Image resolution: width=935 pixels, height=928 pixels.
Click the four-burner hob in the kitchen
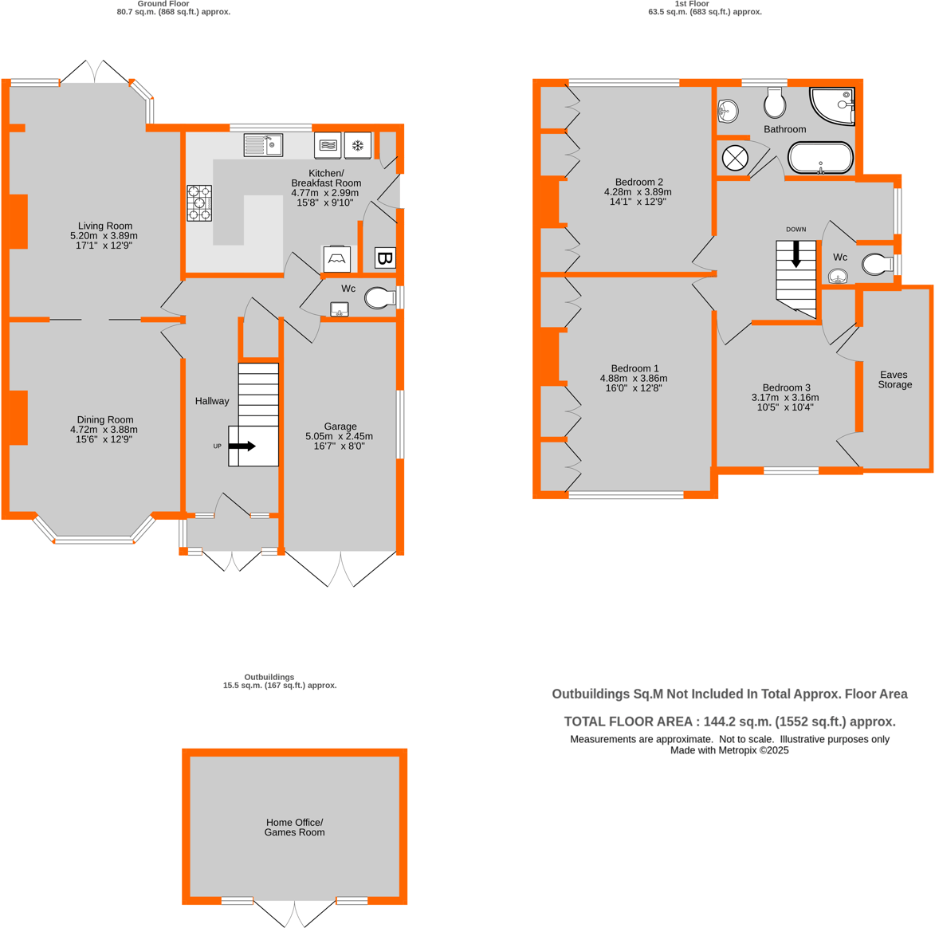(x=199, y=203)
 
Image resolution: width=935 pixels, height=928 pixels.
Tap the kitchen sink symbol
(x=263, y=145)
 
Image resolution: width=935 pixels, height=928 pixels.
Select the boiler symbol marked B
(x=385, y=258)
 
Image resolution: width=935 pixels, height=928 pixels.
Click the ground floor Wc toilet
(x=379, y=298)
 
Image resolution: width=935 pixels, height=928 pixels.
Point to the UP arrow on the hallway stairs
(x=242, y=446)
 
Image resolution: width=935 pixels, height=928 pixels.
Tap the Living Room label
(x=105, y=226)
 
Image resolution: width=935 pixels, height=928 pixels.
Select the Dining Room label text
(x=105, y=419)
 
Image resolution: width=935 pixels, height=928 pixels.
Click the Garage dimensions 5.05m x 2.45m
(x=340, y=436)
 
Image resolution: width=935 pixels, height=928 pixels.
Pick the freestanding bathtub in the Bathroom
(x=820, y=158)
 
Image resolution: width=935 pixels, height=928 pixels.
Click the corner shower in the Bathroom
(x=835, y=104)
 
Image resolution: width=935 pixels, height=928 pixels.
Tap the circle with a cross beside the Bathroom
(x=735, y=158)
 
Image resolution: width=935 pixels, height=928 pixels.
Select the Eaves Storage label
(x=894, y=379)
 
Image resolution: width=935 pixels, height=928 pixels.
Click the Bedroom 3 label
(x=786, y=387)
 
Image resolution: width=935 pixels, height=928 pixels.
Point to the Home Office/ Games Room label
(x=294, y=828)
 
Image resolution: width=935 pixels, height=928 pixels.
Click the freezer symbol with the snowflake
(x=358, y=145)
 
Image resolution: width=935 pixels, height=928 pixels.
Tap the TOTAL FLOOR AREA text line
(x=729, y=722)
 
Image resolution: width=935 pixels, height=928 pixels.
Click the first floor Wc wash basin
(x=838, y=277)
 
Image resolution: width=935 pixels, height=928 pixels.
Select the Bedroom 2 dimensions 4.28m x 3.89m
(x=638, y=192)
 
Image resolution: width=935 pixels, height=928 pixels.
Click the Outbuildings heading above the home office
(x=269, y=677)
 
